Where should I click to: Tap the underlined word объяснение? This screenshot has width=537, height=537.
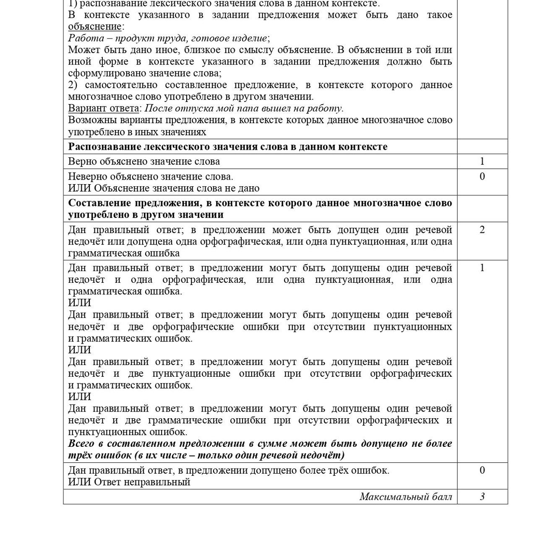(x=95, y=26)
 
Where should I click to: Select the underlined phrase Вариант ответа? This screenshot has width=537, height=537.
(x=104, y=108)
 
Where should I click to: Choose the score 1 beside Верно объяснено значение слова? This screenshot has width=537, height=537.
(x=482, y=161)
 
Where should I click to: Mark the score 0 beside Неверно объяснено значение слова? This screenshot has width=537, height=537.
(x=482, y=176)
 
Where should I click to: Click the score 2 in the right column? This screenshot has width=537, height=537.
(x=482, y=229)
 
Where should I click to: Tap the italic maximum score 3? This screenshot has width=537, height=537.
(x=482, y=497)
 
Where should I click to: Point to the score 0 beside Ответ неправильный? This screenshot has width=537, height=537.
(x=482, y=470)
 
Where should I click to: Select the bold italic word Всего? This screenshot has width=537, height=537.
(x=81, y=443)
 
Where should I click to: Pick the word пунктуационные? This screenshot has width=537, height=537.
(x=191, y=373)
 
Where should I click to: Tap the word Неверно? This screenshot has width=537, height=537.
(x=87, y=176)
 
